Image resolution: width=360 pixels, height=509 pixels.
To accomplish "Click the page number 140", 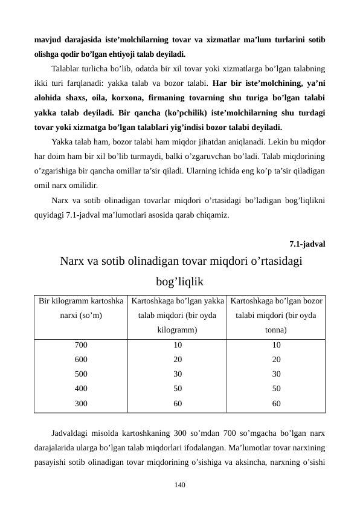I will click(x=179, y=484).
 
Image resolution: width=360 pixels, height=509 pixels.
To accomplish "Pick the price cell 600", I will click(x=81, y=359).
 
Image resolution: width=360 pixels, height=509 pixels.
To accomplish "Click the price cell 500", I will click(x=81, y=374).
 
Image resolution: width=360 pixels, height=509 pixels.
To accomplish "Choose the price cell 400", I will click(x=81, y=388).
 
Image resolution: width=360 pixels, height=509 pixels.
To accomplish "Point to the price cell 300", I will click(x=81, y=402).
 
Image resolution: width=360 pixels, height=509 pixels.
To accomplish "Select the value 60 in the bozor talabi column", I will click(x=276, y=402).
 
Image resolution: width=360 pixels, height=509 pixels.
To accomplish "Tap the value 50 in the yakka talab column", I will click(x=177, y=388).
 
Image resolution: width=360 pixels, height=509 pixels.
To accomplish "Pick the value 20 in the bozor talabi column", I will click(x=276, y=359).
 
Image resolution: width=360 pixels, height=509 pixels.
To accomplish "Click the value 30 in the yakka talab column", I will click(x=177, y=374).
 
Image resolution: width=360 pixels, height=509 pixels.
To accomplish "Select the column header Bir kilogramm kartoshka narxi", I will click(x=81, y=308).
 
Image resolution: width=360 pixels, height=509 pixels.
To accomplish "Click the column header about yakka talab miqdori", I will click(x=177, y=315).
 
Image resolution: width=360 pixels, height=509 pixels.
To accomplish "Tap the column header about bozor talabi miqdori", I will click(x=276, y=315).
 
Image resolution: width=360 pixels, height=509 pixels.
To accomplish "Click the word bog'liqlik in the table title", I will click(x=179, y=282).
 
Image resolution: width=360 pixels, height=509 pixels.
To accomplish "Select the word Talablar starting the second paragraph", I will click(x=69, y=68).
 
